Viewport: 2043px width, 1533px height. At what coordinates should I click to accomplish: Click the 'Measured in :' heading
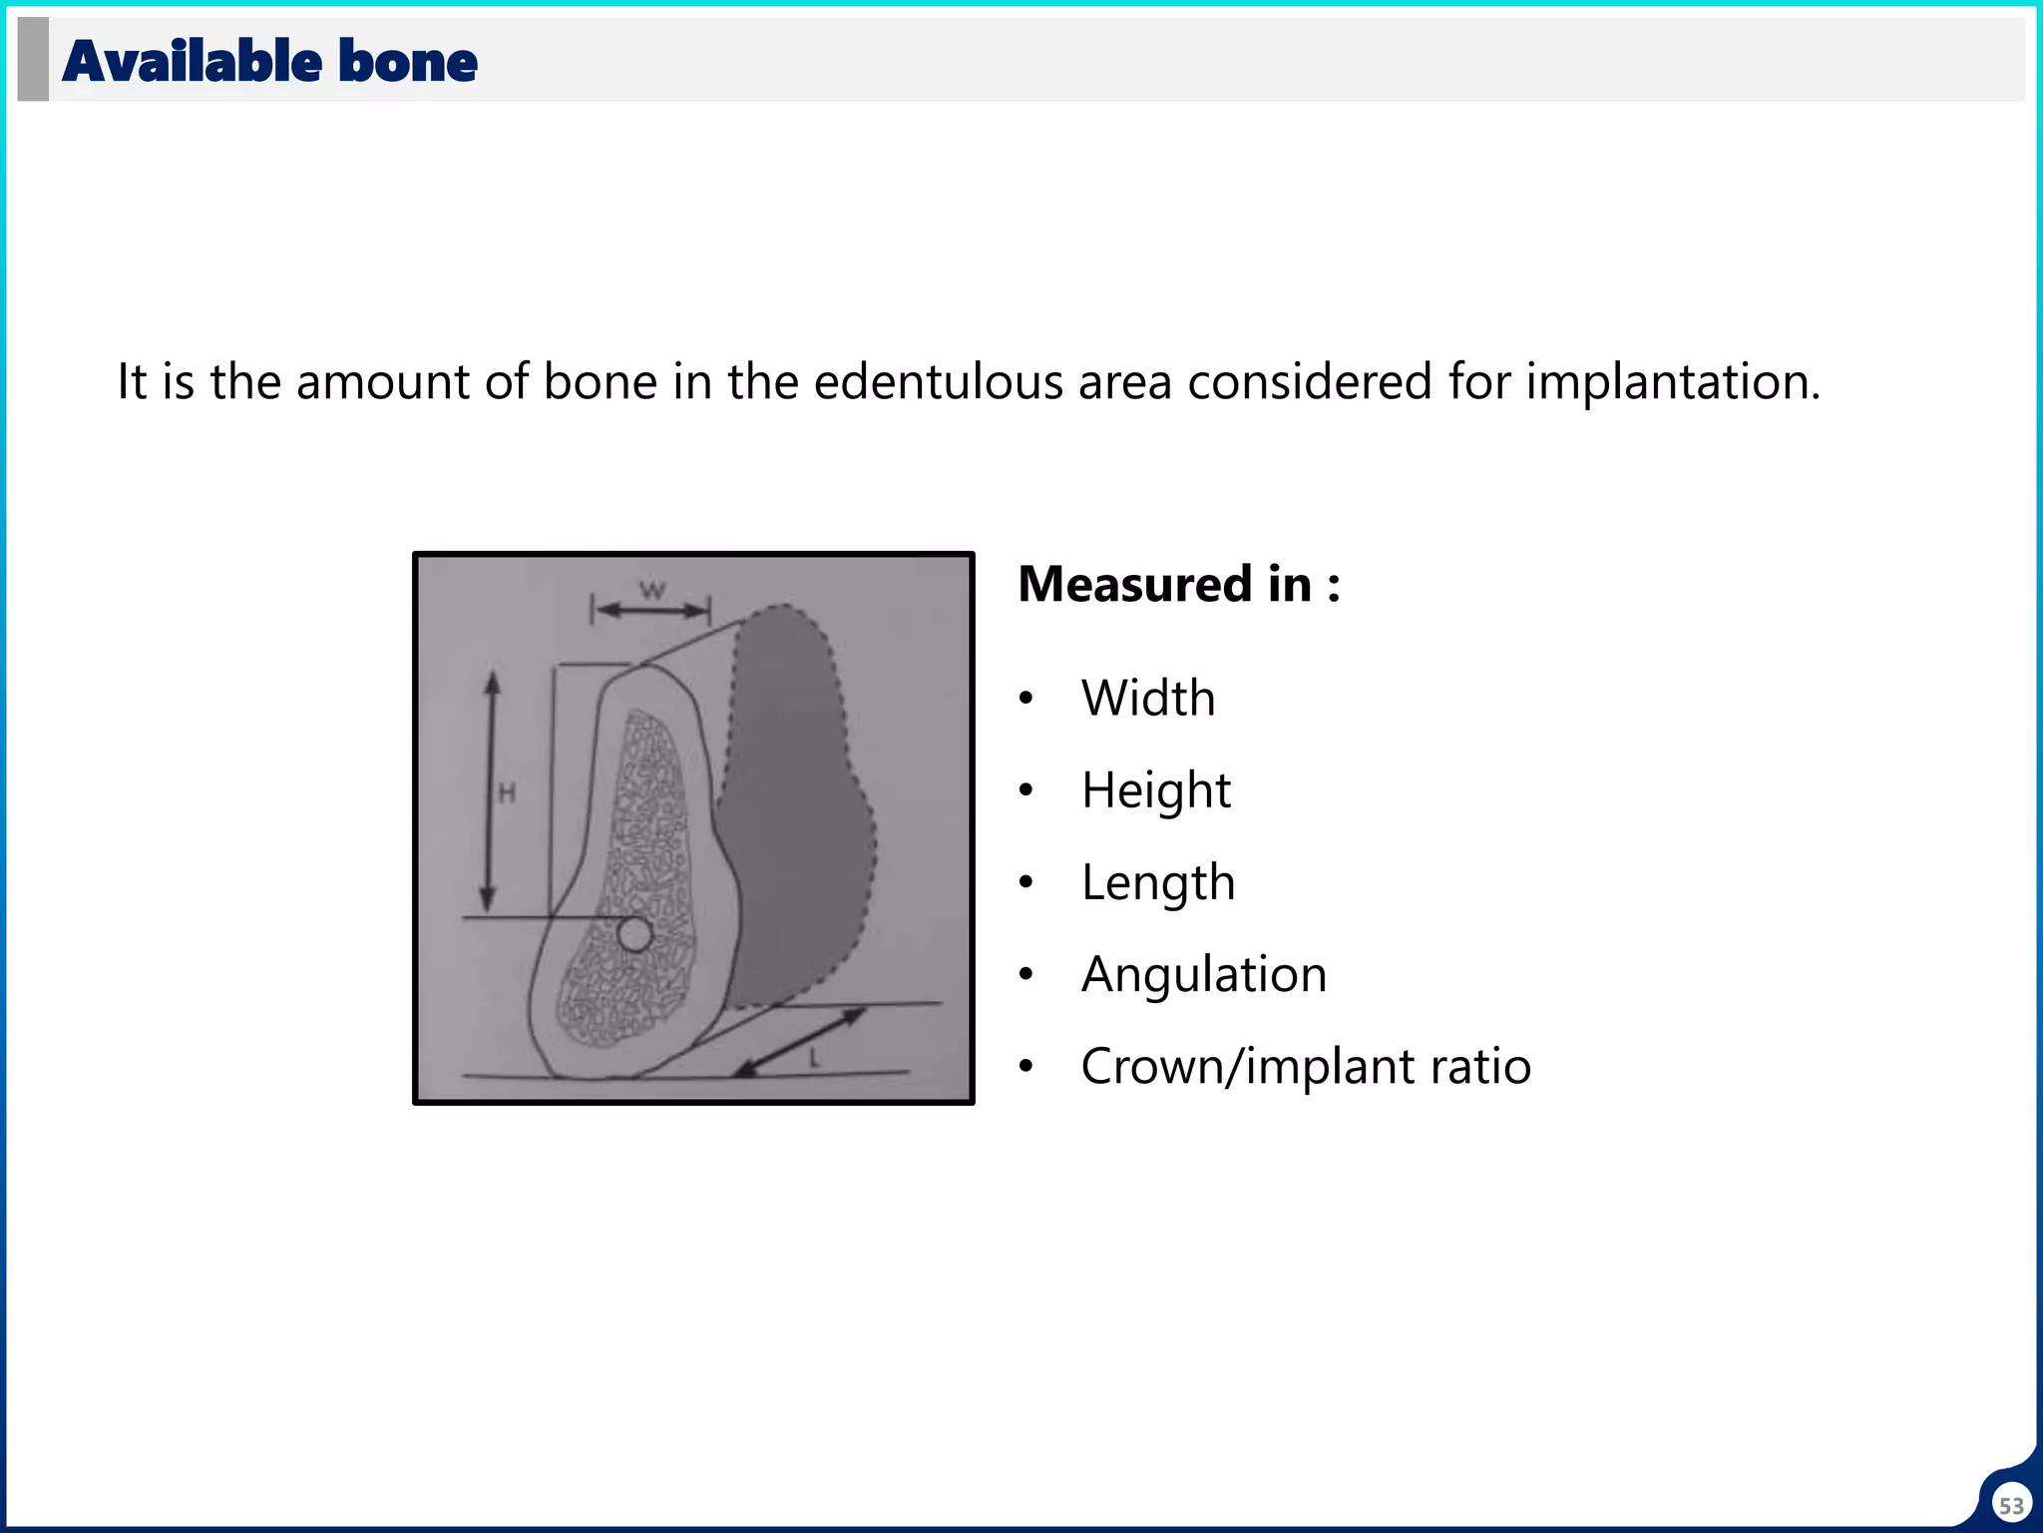point(1178,584)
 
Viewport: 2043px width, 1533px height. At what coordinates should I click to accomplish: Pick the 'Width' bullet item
point(1148,698)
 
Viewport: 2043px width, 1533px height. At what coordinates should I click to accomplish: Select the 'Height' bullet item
point(1155,790)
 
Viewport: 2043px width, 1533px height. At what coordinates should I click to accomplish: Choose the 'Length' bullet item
point(1157,882)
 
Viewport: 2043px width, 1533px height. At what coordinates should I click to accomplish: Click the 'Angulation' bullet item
point(1203,974)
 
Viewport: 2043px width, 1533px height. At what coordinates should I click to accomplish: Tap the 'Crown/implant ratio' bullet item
point(1305,1066)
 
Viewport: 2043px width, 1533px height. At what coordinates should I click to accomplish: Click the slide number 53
point(2011,1505)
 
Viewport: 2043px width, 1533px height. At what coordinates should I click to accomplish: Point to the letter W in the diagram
point(651,589)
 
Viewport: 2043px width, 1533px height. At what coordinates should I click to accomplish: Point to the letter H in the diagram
point(507,794)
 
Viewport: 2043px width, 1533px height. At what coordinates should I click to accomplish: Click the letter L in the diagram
point(815,1059)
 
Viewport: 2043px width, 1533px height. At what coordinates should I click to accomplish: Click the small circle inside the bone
point(634,935)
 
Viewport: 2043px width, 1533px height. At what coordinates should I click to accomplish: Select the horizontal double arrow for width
point(650,610)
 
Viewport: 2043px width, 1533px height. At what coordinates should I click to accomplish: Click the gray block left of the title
point(33,59)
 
